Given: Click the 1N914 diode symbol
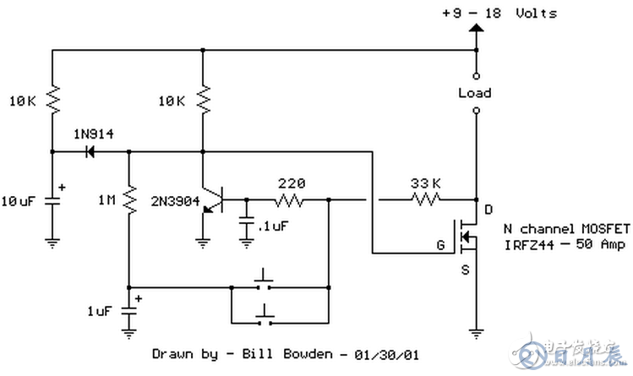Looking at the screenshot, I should (x=88, y=152).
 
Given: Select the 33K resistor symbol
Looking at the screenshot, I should (x=424, y=200).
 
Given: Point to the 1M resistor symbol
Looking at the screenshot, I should (x=128, y=200).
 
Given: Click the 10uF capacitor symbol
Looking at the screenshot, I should (x=52, y=201).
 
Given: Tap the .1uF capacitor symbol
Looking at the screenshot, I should (x=246, y=222).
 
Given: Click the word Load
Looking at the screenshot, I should (x=474, y=92).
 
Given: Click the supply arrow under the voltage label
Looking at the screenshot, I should (x=475, y=30).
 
